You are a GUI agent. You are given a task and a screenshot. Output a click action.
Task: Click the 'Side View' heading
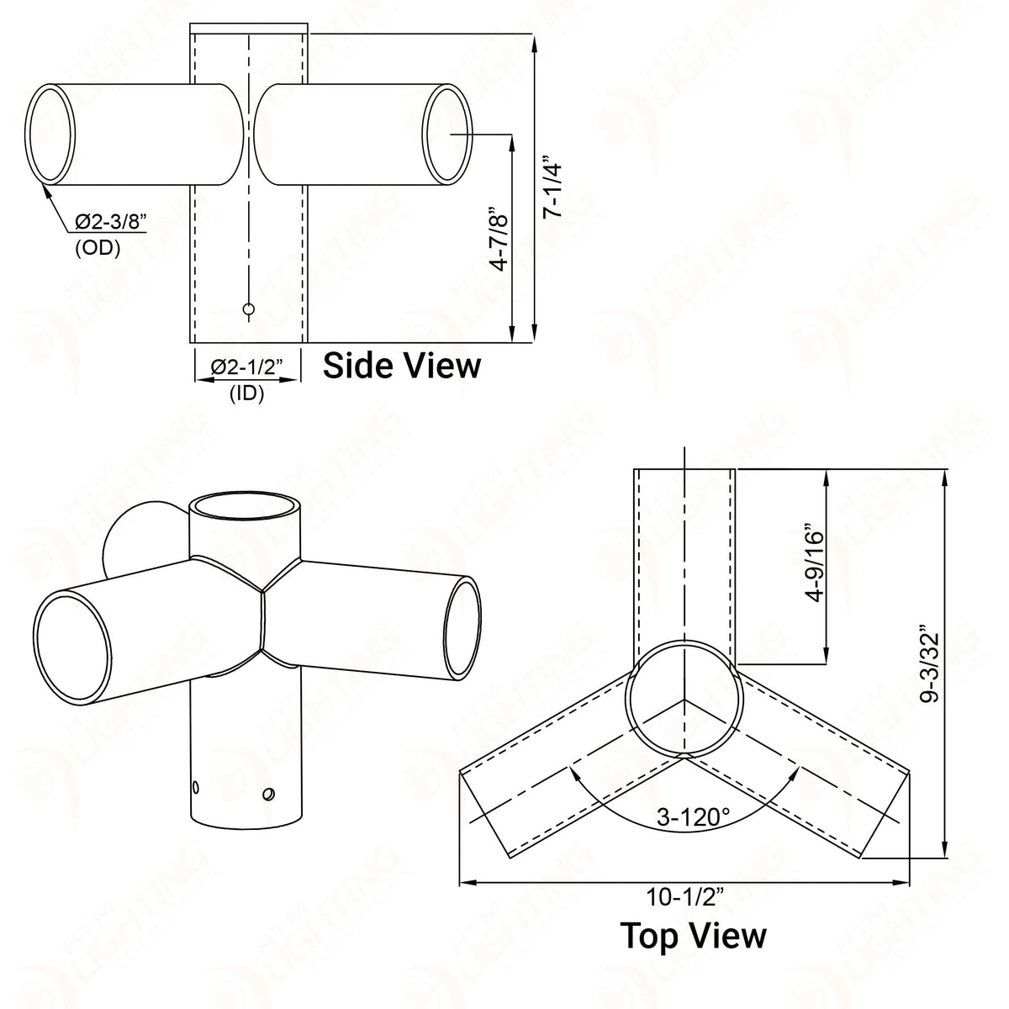(x=401, y=366)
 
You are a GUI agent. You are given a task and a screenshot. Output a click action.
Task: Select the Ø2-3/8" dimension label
(x=110, y=222)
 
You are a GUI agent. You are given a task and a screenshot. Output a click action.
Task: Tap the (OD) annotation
(x=98, y=248)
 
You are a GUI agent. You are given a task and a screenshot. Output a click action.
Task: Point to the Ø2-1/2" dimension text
(x=246, y=367)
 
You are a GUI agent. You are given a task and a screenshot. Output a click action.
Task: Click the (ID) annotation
(x=246, y=394)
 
